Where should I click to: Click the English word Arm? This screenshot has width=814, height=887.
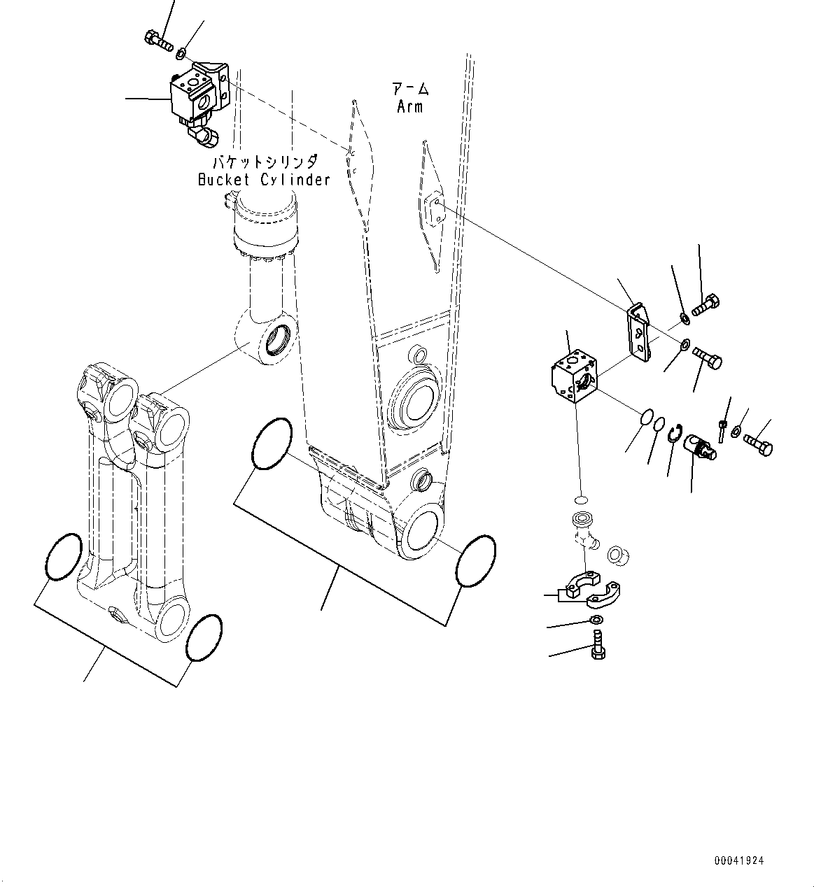(x=409, y=107)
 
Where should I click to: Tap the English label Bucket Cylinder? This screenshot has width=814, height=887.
(x=263, y=180)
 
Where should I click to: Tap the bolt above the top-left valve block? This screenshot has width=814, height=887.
(x=160, y=41)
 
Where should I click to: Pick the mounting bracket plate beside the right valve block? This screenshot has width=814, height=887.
(x=638, y=332)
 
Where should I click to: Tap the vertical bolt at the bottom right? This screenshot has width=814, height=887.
(x=598, y=644)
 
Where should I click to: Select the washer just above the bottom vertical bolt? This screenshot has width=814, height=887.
(x=595, y=621)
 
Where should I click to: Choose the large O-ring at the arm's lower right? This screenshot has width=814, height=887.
(x=475, y=561)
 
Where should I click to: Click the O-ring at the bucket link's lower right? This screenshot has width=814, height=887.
(x=204, y=637)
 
